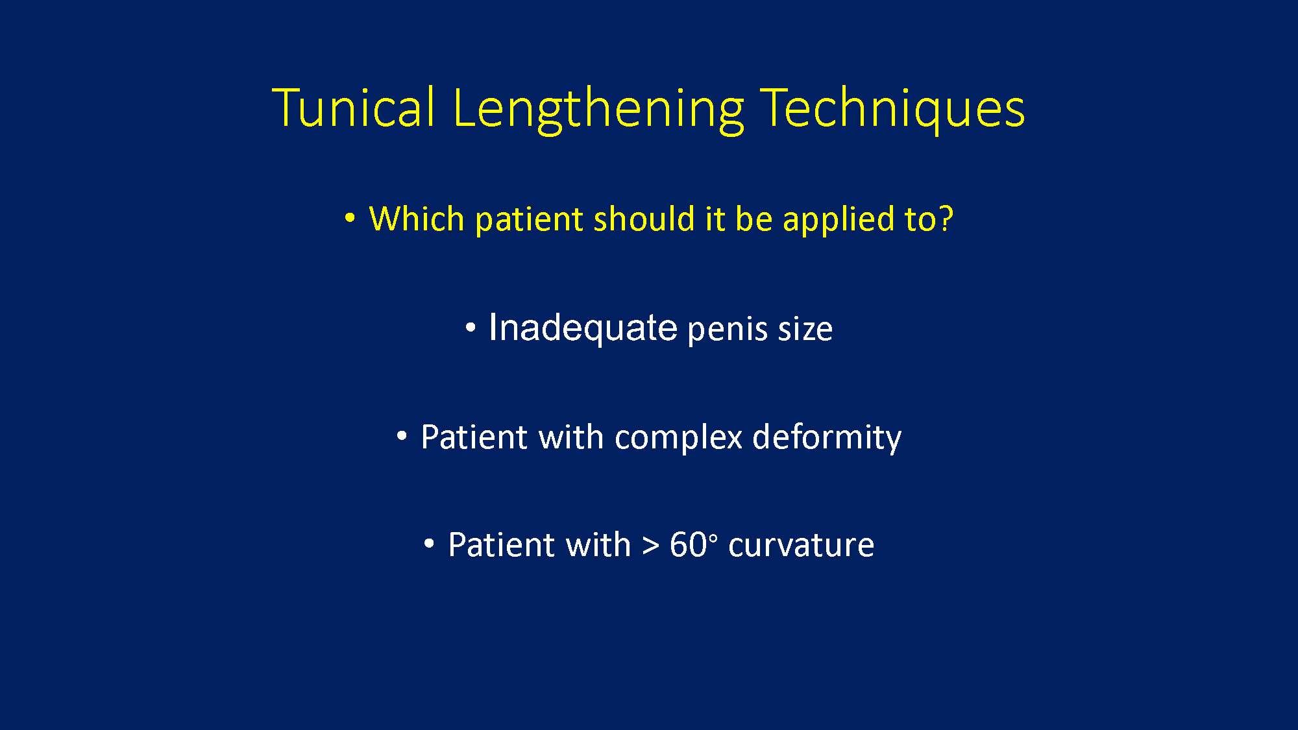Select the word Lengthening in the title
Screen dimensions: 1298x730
(x=598, y=110)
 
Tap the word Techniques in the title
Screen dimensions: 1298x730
(x=892, y=110)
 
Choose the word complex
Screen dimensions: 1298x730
(x=678, y=438)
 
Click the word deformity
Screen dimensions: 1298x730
(x=827, y=438)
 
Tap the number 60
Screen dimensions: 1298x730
(x=688, y=544)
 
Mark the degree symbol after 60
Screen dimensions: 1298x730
(x=714, y=537)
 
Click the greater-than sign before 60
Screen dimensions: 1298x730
(x=650, y=546)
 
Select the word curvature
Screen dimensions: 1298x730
(x=801, y=546)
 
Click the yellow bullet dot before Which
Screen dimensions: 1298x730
(x=350, y=218)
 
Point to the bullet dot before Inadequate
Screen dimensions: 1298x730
(x=471, y=327)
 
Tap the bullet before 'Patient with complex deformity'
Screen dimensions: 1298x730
(x=402, y=436)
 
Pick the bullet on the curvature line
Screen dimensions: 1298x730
(x=429, y=544)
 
